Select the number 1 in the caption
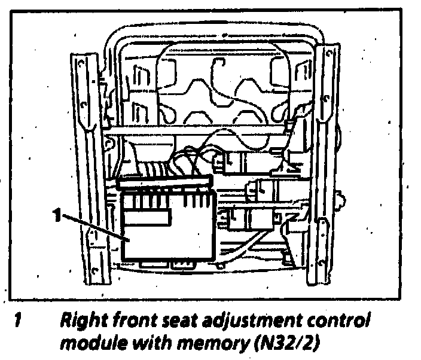point(19,322)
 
